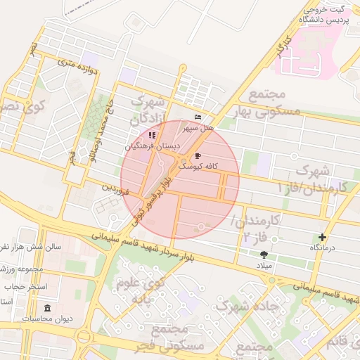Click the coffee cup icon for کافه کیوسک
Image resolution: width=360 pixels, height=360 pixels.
coord(198,156)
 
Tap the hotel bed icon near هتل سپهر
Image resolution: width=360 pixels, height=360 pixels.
coord(198,117)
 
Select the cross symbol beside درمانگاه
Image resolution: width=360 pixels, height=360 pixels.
coord(322,238)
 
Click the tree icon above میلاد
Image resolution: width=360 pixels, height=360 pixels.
coord(264,255)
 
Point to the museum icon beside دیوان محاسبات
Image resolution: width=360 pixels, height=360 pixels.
coord(47,309)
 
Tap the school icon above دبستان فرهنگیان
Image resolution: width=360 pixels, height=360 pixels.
coord(152,135)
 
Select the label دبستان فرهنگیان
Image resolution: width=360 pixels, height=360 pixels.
coord(153,146)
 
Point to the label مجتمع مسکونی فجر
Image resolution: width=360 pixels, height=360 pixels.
coord(176,337)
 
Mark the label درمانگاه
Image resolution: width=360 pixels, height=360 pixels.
coord(323,248)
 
